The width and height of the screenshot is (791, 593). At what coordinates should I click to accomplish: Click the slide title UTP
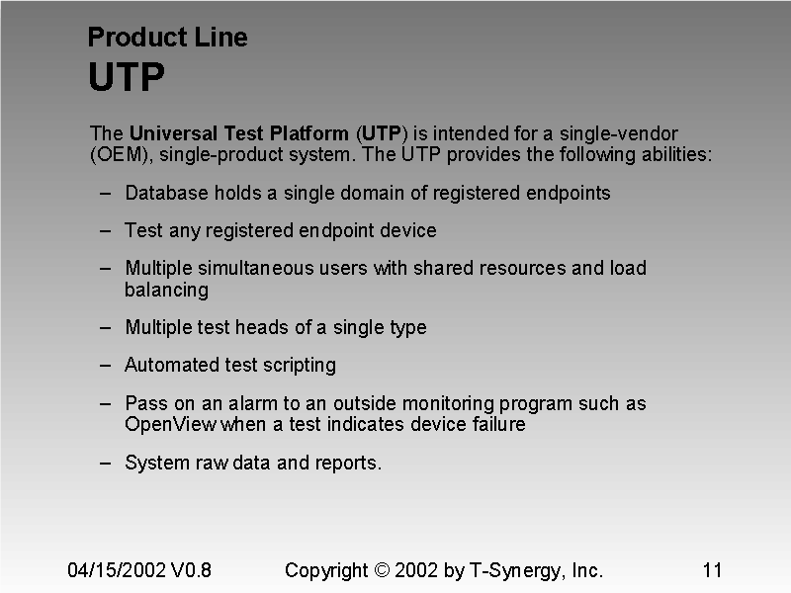pos(127,77)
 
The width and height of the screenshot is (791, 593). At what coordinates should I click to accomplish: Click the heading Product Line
pos(167,38)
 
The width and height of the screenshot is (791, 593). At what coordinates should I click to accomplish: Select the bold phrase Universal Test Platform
pos(239,133)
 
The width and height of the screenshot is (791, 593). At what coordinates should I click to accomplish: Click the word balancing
pos(166,290)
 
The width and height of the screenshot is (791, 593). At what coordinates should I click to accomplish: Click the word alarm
pos(256,403)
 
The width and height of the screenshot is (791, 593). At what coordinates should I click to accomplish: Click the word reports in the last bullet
pos(347,463)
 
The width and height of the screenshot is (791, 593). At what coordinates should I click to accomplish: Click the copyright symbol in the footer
pos(384,570)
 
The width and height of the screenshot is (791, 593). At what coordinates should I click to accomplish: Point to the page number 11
pos(712,570)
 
